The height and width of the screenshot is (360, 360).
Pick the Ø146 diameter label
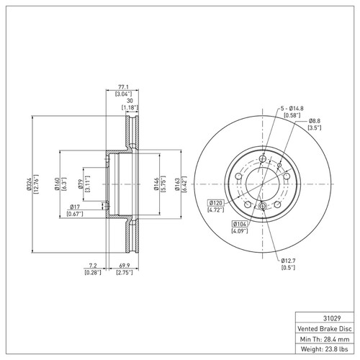(153, 183)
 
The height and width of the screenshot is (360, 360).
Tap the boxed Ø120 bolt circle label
(217, 204)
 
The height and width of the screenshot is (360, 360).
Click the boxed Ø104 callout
(239, 225)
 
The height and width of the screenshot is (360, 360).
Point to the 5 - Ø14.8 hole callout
(294, 107)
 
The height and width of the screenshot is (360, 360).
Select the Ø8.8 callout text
(314, 121)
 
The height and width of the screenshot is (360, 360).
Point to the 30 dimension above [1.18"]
(130, 100)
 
